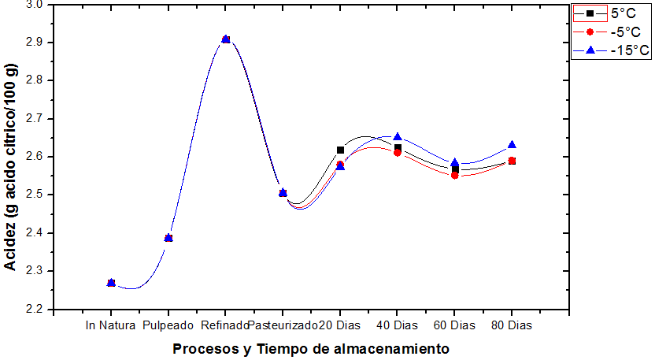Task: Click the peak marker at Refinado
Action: tap(226, 39)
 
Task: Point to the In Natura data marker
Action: tap(111, 282)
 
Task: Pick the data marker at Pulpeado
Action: tap(168, 237)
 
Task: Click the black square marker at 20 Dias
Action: tap(340, 150)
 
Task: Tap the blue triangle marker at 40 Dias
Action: tap(398, 137)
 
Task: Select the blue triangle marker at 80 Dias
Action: tap(512, 145)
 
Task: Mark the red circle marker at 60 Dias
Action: tap(454, 175)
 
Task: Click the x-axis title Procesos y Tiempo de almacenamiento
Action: tap(311, 348)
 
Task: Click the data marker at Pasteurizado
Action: tap(283, 193)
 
